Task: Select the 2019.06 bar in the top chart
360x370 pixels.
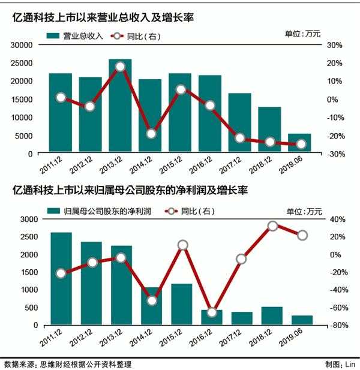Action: (x=300, y=143)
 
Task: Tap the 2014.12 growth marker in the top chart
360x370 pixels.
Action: (x=151, y=134)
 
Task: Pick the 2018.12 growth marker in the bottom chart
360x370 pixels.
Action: (x=272, y=226)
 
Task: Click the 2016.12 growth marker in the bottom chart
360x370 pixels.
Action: (x=211, y=312)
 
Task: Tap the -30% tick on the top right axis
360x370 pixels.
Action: (x=334, y=154)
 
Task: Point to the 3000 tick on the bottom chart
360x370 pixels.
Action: (x=25, y=219)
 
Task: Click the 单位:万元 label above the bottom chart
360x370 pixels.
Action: (x=304, y=211)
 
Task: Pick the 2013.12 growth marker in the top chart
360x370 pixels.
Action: (x=120, y=67)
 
